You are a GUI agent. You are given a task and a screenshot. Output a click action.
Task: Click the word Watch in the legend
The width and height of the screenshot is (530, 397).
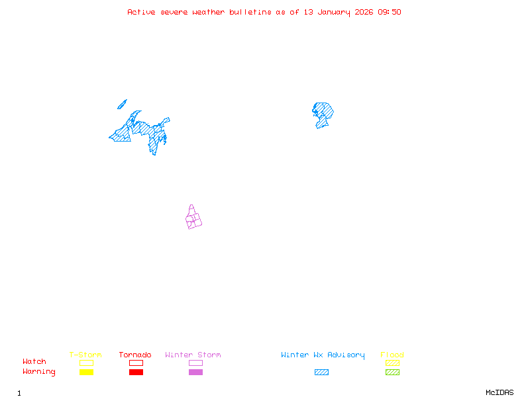(x=34, y=362)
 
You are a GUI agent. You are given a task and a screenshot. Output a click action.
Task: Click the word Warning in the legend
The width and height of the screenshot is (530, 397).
(x=39, y=372)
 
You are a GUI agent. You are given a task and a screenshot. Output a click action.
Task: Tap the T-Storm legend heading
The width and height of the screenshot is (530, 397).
(x=85, y=355)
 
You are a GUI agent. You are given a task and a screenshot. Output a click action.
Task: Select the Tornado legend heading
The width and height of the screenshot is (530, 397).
(x=135, y=355)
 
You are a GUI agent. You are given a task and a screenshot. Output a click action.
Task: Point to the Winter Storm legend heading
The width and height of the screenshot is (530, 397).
(x=193, y=355)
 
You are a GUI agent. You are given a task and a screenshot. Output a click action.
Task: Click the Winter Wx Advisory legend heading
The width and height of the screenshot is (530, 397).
(x=323, y=355)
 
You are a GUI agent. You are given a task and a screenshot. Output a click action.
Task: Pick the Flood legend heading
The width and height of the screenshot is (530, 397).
(x=392, y=355)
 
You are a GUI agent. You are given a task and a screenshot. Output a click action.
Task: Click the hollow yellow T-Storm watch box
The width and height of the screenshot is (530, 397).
(x=86, y=363)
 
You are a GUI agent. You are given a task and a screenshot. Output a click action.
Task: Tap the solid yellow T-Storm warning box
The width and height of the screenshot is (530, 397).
(x=86, y=372)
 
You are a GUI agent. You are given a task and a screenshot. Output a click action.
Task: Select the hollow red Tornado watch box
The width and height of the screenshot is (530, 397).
(x=136, y=363)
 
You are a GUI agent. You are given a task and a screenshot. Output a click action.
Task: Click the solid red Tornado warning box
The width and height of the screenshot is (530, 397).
(x=136, y=372)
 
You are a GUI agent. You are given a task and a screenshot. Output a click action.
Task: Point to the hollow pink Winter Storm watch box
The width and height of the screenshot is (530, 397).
(x=195, y=363)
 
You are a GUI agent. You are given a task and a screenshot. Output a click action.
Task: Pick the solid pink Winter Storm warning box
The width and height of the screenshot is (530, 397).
(x=195, y=372)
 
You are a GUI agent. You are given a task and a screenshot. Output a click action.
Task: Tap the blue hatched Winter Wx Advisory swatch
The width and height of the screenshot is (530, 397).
(x=321, y=372)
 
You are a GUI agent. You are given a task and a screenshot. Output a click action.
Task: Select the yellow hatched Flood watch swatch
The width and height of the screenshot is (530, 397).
(x=392, y=363)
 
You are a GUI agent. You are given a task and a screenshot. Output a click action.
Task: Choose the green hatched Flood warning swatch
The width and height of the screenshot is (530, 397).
(x=392, y=372)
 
